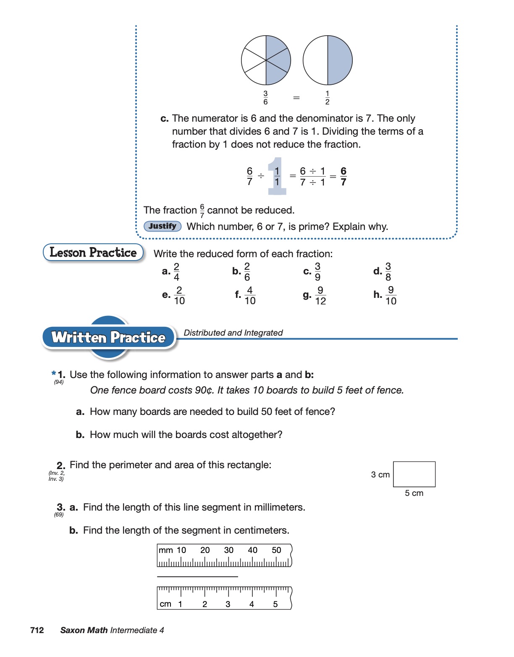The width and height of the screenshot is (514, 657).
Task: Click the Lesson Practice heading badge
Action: [x=93, y=253]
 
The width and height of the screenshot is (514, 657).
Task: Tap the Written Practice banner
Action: [x=108, y=338]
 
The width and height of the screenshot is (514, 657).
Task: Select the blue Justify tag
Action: [x=163, y=227]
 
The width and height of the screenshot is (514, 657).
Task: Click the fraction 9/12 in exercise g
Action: [x=320, y=296]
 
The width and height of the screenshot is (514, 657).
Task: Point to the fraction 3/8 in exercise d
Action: [x=388, y=272]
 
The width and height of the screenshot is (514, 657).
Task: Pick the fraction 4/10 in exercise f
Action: [x=250, y=296]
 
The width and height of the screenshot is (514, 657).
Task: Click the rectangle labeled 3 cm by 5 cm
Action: [x=414, y=474]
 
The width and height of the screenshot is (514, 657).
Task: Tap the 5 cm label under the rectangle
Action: [x=414, y=493]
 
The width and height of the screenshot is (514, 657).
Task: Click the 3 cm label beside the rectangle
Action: [x=380, y=474]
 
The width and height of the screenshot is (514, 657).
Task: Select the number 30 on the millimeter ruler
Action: [x=229, y=550]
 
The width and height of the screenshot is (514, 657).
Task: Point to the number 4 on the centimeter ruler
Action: [x=252, y=604]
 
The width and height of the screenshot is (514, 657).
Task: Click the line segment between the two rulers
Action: [x=197, y=577]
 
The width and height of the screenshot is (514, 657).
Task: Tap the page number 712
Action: [x=37, y=630]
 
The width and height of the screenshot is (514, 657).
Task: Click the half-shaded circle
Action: [x=328, y=60]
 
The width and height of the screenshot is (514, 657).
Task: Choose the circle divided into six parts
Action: [x=266, y=60]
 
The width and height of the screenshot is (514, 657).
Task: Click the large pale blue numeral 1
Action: [x=277, y=176]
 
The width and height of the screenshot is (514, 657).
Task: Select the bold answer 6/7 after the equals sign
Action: [x=344, y=177]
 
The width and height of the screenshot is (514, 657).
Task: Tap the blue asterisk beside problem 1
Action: [x=54, y=373]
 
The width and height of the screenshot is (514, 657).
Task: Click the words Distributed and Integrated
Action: [x=233, y=333]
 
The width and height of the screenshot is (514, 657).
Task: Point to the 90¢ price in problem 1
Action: [x=205, y=390]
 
